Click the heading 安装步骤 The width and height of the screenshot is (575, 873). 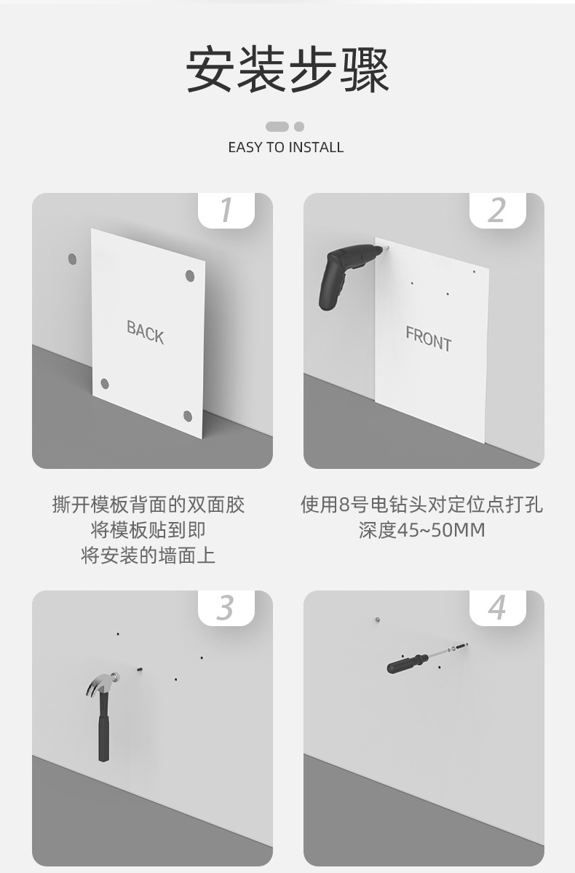287,70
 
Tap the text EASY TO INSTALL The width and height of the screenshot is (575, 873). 285,148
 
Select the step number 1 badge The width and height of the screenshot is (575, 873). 226,210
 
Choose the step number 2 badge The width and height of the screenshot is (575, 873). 498,210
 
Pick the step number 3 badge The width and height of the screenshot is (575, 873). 226,607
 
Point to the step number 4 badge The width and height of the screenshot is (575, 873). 498,607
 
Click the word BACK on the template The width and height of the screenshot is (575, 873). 146,333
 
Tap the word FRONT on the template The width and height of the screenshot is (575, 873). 428,339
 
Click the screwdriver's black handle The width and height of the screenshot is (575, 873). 406,663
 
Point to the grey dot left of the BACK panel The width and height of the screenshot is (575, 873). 72,259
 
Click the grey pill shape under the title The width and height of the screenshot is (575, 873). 277,127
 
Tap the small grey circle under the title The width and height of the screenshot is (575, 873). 299,127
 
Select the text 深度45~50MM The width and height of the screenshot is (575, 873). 422,530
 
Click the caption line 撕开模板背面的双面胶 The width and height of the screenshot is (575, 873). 148,505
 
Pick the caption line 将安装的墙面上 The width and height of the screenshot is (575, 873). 148,556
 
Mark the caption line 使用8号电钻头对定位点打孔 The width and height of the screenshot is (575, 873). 422,505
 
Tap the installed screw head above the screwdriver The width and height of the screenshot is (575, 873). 378,619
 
